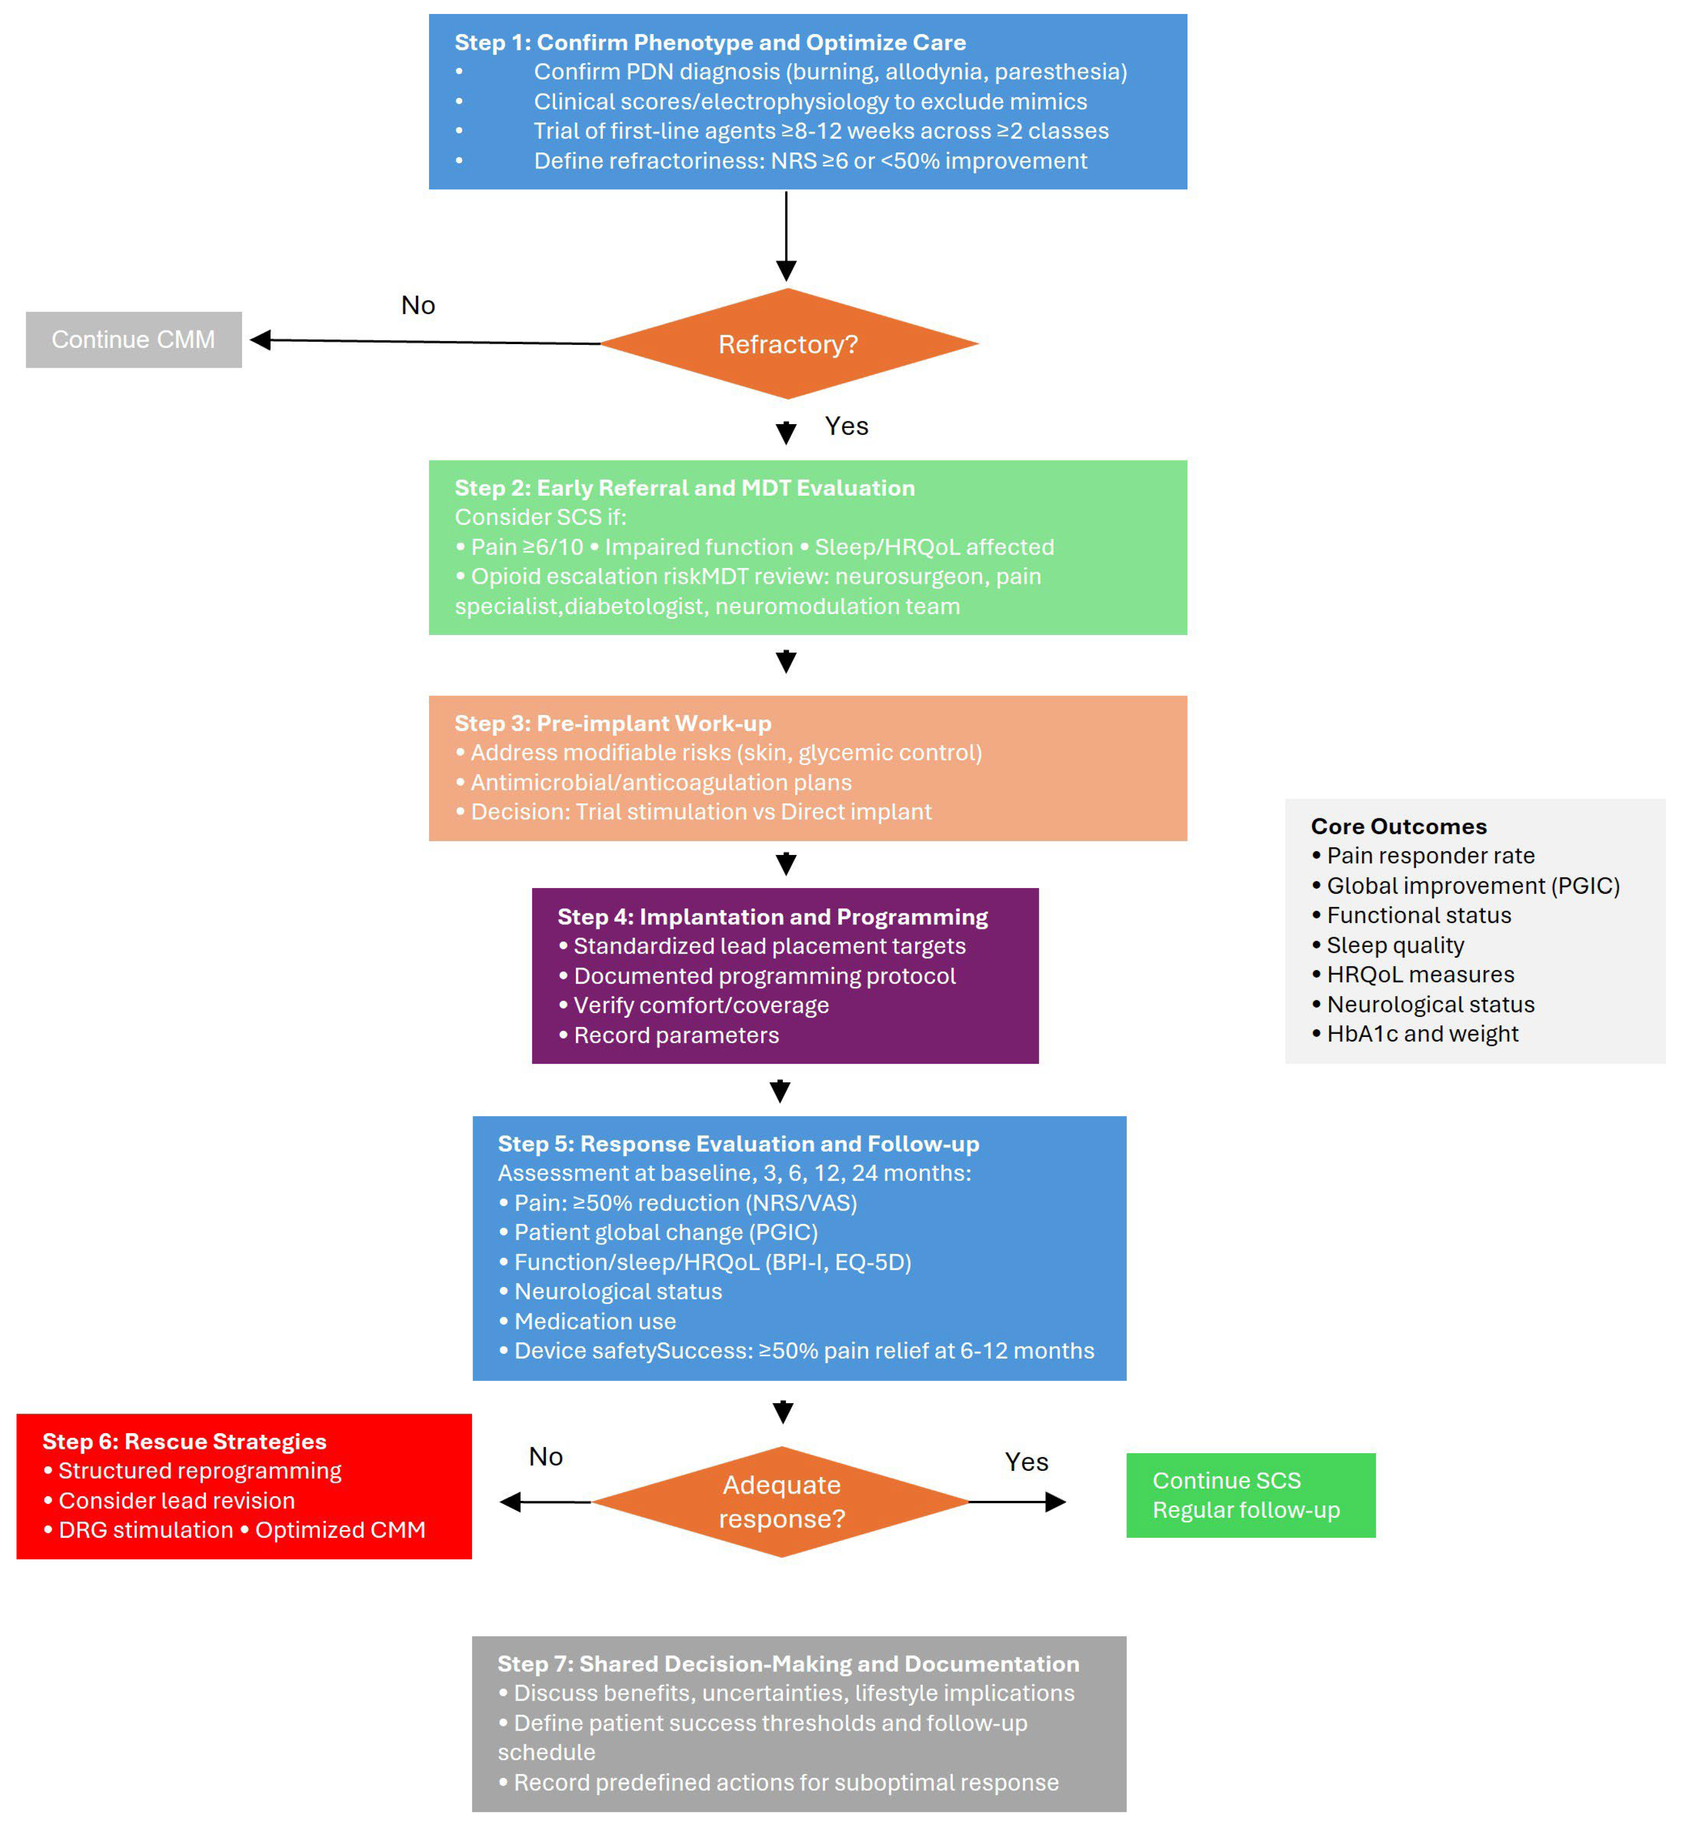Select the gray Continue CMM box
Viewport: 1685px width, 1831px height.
[x=133, y=339]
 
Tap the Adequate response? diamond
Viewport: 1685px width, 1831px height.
[x=782, y=1501]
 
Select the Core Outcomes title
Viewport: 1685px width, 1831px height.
[x=1398, y=826]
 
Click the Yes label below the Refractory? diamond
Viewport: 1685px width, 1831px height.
[x=846, y=426]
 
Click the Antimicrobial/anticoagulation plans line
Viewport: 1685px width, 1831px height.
[x=660, y=782]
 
